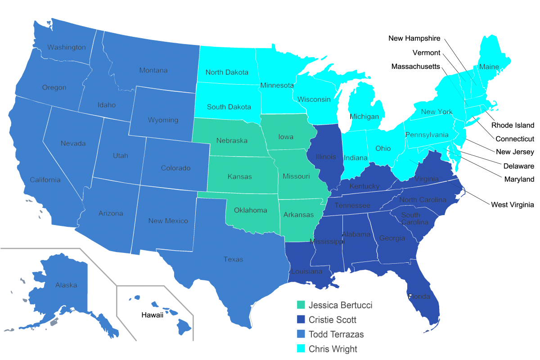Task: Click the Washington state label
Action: [x=67, y=47]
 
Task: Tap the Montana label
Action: [x=153, y=70]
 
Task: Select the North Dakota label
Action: [x=227, y=72]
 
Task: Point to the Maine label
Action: [x=489, y=67]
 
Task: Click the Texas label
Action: [x=233, y=259]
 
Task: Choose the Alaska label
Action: [x=66, y=285]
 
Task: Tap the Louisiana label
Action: [x=306, y=271]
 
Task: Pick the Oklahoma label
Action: [x=250, y=210]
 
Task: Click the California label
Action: [x=45, y=180]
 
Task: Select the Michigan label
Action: [x=364, y=117]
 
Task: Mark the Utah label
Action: [x=121, y=156]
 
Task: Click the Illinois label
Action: [x=326, y=157]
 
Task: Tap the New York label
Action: [x=437, y=112]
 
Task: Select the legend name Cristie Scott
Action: [x=333, y=320]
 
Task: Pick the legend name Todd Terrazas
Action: [x=336, y=334]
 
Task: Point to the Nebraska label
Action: [x=232, y=140]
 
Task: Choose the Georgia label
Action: [x=392, y=238]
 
